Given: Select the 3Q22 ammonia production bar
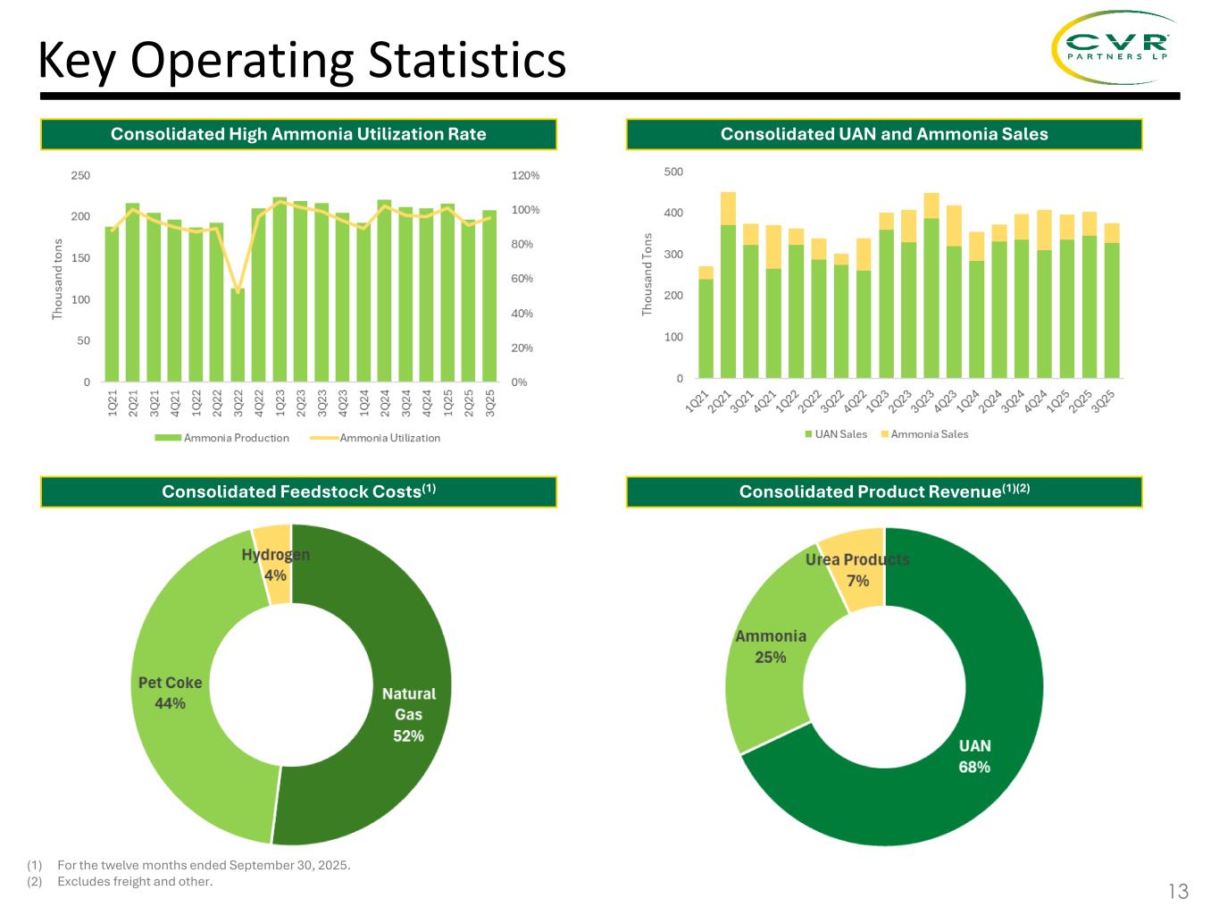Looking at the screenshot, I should click(238, 335).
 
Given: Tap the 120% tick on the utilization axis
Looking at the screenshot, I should click(525, 176).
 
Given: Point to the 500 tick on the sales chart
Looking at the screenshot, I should click(673, 172).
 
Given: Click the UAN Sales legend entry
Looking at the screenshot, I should click(836, 434).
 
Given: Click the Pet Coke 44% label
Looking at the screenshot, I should click(170, 693).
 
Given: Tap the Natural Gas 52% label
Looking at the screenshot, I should click(409, 714).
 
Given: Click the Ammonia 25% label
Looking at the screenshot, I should click(770, 646).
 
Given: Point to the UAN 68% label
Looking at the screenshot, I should click(974, 756).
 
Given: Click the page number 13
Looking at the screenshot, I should click(1178, 891).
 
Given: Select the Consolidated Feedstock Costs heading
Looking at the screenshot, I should click(298, 491).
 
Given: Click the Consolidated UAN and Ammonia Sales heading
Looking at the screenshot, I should click(884, 134).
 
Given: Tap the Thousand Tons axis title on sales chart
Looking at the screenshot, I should click(647, 274).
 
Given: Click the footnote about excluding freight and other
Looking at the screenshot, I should click(135, 882).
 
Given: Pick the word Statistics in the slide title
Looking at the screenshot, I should click(466, 61).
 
